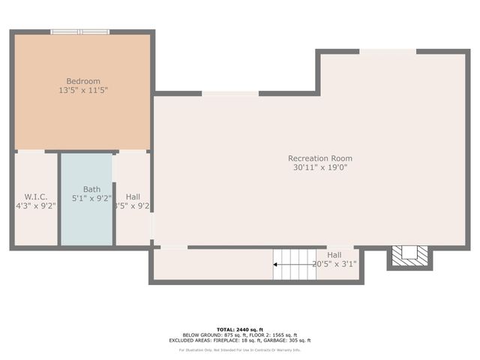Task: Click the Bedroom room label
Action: (x=83, y=81)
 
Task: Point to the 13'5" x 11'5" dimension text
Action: (x=83, y=90)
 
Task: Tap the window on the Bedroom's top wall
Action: (x=80, y=31)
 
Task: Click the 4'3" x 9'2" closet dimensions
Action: (x=36, y=205)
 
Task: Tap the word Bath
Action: (x=91, y=189)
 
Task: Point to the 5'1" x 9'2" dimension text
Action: (x=91, y=199)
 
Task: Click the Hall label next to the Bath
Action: (x=133, y=196)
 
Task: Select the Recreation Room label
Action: (x=320, y=158)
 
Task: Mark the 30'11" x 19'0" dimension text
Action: (x=320, y=167)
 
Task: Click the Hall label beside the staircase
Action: (x=334, y=255)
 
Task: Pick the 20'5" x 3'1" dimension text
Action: (x=334, y=264)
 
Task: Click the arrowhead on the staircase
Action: (x=276, y=264)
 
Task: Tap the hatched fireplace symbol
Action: (x=409, y=255)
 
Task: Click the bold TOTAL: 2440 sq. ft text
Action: (x=239, y=329)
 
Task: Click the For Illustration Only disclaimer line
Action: (x=239, y=349)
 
